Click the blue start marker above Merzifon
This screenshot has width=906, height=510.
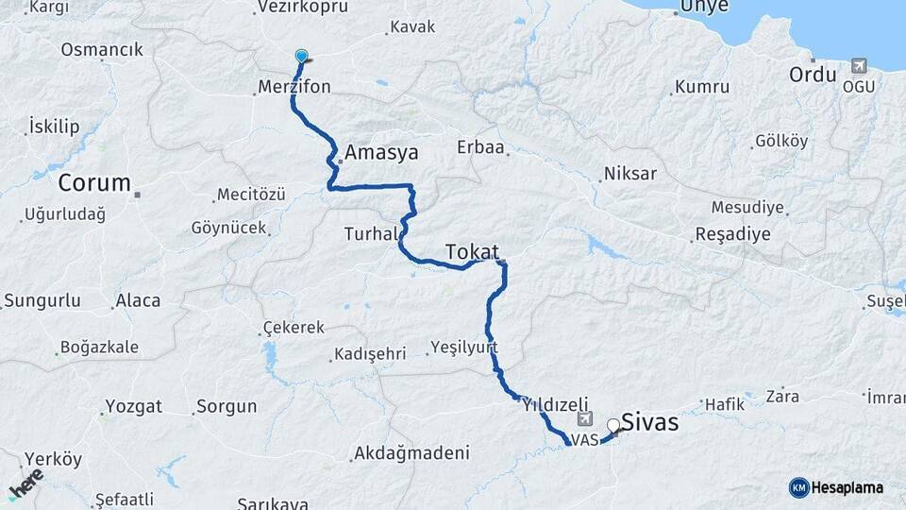301,56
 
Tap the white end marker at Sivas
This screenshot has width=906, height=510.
613,425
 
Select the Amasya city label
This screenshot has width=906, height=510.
381,152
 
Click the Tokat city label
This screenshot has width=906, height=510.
471,251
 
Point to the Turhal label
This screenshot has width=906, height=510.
367,233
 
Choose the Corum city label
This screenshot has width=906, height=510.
94,182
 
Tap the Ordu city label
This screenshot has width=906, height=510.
813,74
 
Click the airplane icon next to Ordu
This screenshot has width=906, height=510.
859,65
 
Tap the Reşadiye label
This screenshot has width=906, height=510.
732,233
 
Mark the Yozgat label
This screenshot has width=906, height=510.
133,407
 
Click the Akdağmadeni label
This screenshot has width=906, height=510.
411,453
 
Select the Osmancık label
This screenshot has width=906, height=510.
102,50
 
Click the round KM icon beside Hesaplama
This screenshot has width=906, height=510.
798,487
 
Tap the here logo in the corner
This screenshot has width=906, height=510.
25,483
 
